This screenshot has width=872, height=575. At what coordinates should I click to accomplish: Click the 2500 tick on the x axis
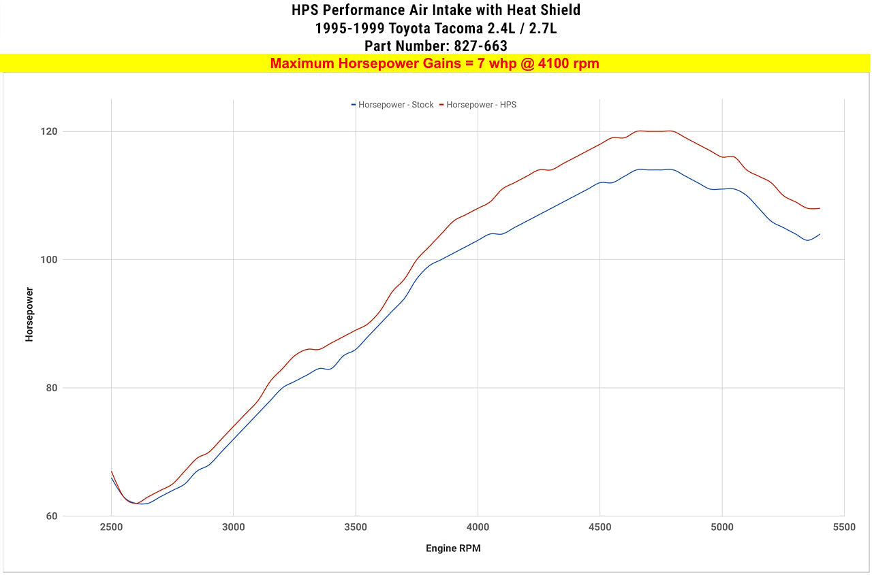111,527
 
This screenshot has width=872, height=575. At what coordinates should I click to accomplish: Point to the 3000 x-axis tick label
233,527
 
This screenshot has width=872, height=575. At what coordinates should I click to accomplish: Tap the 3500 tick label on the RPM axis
356,527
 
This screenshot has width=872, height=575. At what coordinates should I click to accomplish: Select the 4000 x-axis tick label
478,527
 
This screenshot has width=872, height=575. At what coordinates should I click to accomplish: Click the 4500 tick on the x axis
599,527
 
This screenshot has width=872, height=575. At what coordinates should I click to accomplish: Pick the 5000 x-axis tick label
722,527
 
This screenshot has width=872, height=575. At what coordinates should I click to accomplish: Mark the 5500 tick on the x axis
844,527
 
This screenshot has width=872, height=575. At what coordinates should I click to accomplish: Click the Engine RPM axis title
453,548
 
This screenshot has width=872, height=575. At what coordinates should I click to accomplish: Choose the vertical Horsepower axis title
29,314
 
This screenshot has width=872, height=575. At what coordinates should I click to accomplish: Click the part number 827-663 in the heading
480,46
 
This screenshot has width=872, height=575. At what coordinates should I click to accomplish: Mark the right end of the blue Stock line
820,234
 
